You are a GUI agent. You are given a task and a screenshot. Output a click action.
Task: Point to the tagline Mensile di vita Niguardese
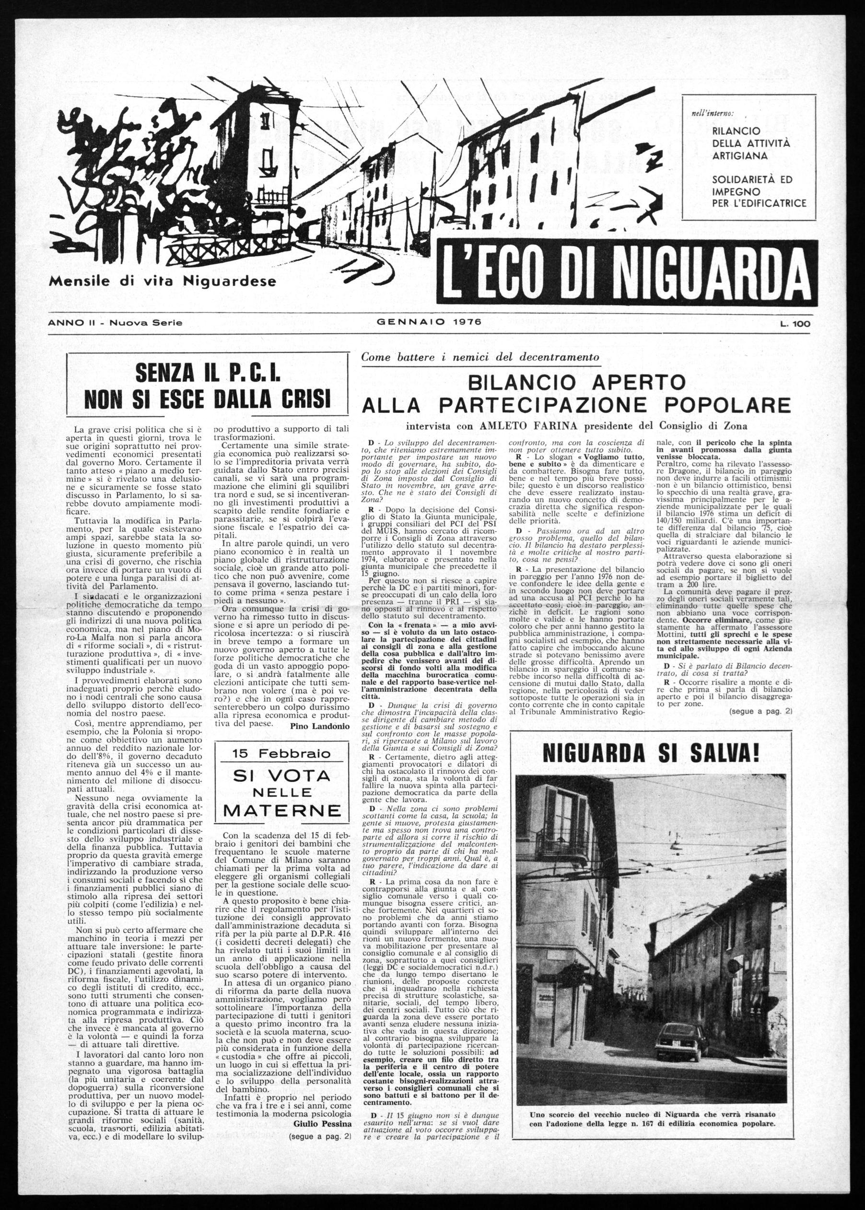[x=163, y=280]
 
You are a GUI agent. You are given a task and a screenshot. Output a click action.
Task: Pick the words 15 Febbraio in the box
[x=281, y=754]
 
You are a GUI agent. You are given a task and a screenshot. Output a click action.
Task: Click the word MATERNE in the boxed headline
[x=282, y=811]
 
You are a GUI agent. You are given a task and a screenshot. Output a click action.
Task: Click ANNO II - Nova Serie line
[x=115, y=323]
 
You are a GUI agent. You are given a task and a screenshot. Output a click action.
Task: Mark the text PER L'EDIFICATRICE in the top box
[x=759, y=203]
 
